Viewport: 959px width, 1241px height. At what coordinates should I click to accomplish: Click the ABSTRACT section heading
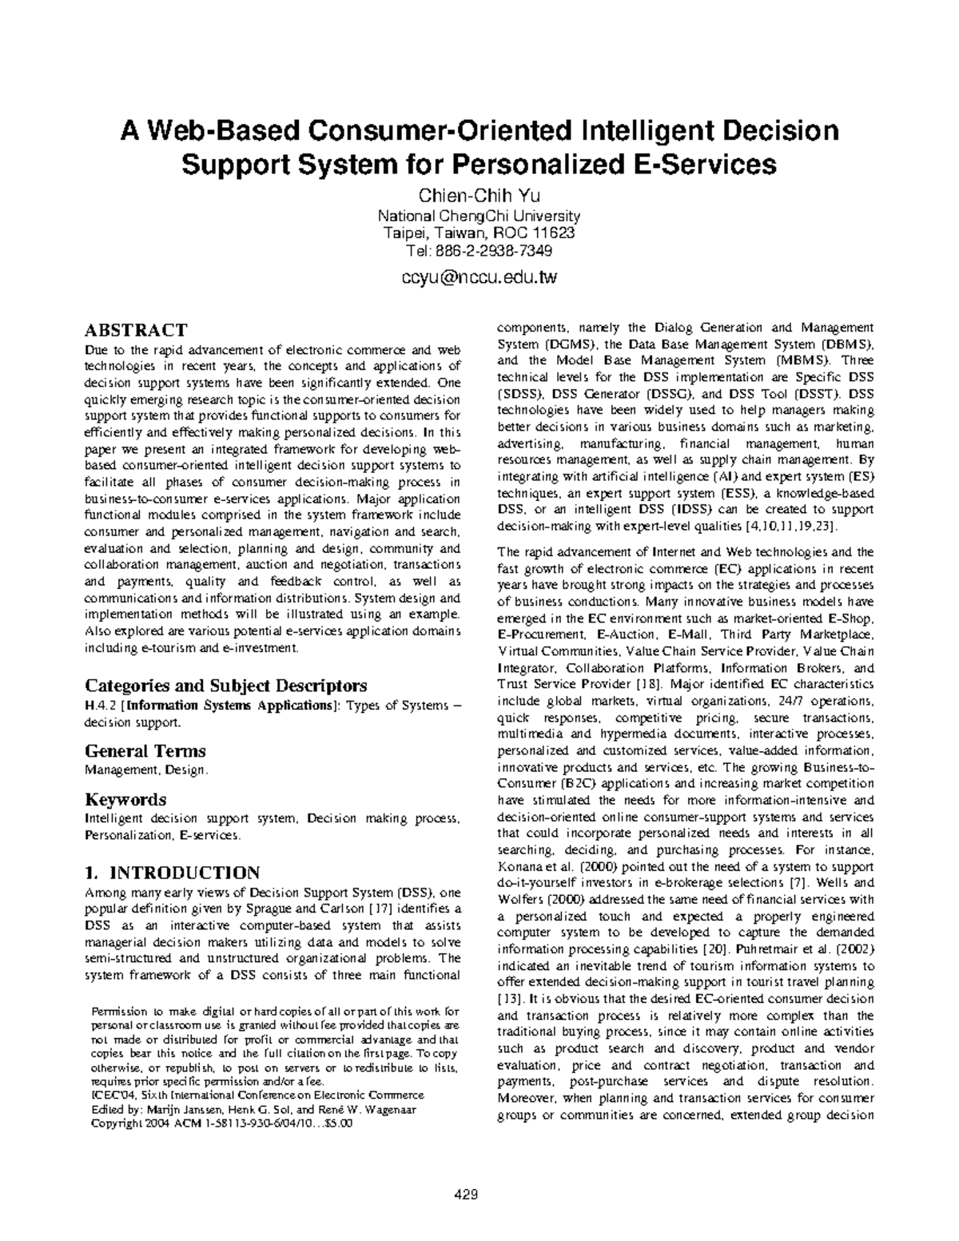[x=136, y=330]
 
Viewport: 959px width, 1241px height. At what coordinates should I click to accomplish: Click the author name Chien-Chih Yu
[x=479, y=197]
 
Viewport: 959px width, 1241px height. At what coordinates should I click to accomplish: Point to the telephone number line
[x=479, y=250]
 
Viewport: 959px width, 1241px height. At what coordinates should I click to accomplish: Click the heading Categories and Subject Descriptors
[x=226, y=686]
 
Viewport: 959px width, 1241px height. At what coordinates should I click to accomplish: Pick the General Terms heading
[x=145, y=751]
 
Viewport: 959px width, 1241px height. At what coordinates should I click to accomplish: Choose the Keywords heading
[x=125, y=800]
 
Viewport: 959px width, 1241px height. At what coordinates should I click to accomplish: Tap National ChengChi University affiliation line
[x=479, y=216]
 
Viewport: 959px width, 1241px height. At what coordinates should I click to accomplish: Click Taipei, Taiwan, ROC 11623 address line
[x=479, y=233]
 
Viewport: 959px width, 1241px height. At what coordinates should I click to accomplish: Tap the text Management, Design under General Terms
[x=145, y=770]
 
